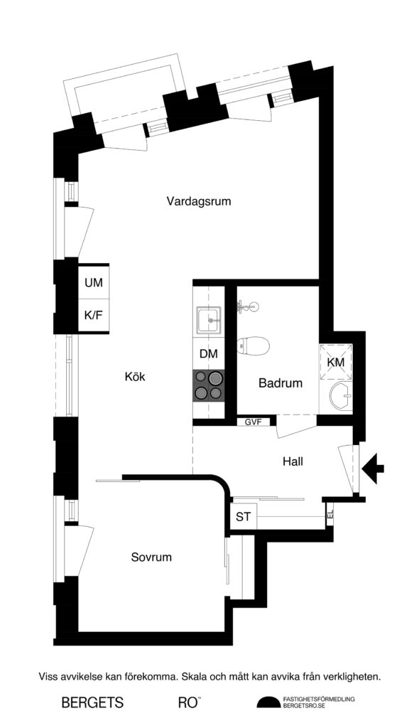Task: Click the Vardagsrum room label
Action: [199, 201]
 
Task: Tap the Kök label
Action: [134, 377]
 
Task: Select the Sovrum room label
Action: [151, 557]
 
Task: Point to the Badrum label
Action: [281, 383]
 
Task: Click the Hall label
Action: [293, 461]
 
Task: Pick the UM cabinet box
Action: [94, 283]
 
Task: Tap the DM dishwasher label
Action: [209, 354]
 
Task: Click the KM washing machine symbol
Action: [335, 363]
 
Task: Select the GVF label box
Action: [254, 422]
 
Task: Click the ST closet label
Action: [243, 517]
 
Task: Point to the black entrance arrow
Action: [374, 467]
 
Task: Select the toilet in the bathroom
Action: [254, 346]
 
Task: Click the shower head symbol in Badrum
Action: [248, 306]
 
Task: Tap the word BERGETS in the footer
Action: [92, 703]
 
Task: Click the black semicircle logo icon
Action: [268, 703]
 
